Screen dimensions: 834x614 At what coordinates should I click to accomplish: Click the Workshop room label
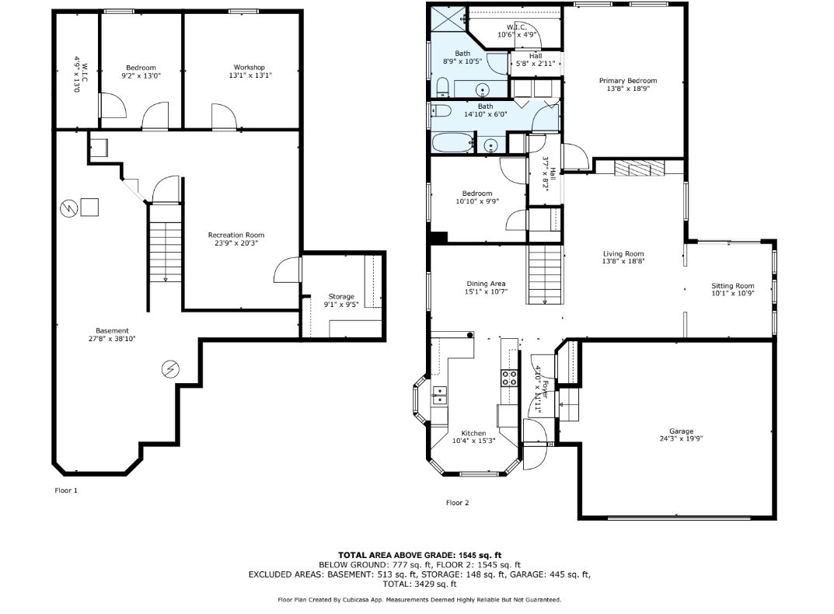(250, 68)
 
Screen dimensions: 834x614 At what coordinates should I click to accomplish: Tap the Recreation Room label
(236, 235)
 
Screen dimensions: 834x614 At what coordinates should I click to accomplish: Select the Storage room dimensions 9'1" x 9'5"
(341, 305)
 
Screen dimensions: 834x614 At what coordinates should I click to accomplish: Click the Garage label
(682, 431)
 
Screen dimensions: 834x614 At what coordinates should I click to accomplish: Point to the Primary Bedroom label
(628, 81)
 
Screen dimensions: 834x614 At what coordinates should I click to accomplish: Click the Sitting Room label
(732, 286)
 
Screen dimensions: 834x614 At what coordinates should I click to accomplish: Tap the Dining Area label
(486, 284)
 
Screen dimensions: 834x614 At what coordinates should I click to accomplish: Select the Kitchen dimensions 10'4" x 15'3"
(473, 441)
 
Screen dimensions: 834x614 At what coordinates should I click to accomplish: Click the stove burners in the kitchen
(509, 378)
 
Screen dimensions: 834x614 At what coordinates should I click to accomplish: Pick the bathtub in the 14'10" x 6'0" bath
(452, 142)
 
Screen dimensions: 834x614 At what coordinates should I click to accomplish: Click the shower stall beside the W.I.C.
(448, 19)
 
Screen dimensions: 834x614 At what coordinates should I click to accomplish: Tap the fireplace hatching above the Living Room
(640, 168)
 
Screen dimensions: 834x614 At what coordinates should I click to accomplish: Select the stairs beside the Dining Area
(545, 274)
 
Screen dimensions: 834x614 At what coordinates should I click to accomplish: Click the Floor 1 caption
(66, 490)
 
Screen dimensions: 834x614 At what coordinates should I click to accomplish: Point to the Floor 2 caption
(458, 503)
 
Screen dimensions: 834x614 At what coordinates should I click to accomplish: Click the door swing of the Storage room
(288, 270)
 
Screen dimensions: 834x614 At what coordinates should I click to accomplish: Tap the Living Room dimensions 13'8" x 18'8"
(623, 261)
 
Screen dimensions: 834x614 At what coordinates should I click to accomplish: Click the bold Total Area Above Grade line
(420, 556)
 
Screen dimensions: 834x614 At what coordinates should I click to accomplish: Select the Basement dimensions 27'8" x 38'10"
(112, 338)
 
